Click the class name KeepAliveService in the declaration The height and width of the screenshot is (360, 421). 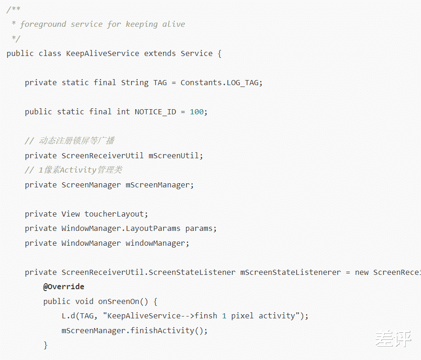pos(102,54)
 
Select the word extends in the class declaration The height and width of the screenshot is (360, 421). pos(160,53)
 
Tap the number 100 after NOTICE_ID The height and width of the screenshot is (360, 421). pos(196,112)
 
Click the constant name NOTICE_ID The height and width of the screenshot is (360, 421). pos(155,112)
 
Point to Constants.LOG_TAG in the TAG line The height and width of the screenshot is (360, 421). pos(219,83)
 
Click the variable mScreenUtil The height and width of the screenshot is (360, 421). pos(173,155)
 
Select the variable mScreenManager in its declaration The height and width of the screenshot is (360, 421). pos(157,185)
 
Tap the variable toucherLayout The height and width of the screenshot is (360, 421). pos(114,214)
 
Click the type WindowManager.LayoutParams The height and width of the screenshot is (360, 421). pos(120,229)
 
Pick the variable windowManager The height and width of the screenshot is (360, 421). pos(155,243)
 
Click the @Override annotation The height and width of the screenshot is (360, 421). pos(63,287)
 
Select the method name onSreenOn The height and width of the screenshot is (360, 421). pos(119,302)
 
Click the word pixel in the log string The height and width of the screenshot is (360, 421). pos(242,316)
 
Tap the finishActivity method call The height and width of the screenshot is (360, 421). pos(162,330)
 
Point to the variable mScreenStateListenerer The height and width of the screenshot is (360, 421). pos(290,272)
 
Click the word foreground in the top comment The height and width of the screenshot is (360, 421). pos(43,25)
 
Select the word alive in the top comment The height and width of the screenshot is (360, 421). pos(173,24)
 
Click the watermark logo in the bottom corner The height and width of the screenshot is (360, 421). pos(393,339)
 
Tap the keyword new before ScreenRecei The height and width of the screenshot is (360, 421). pos(362,273)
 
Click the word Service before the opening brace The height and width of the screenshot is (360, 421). pos(196,53)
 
